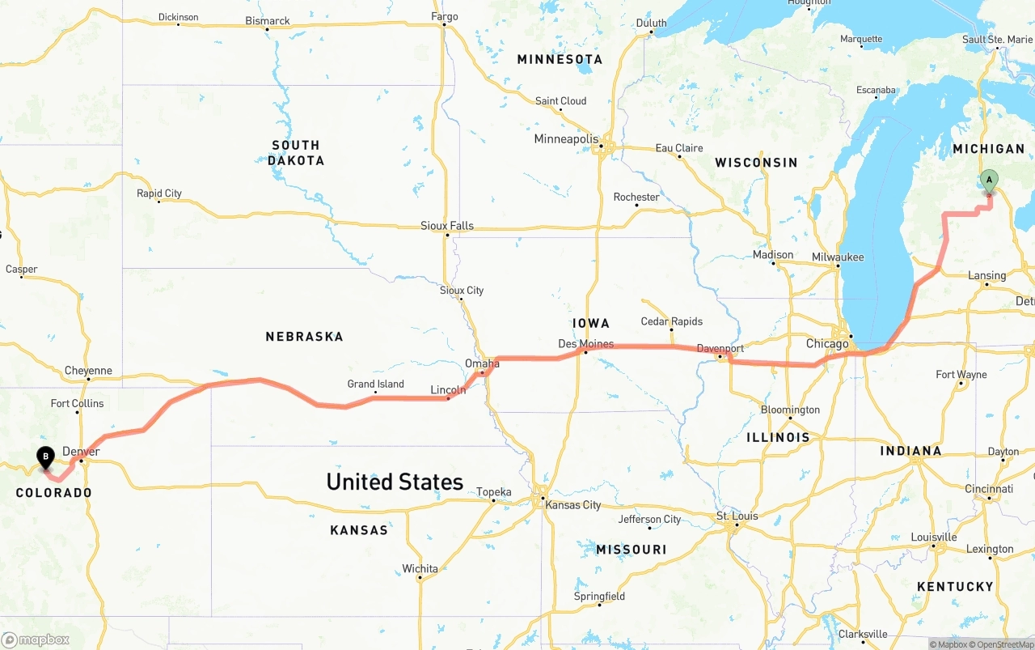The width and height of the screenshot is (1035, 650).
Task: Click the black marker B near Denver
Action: [x=46, y=457]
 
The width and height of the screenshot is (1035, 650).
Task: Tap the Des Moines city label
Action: [x=585, y=344]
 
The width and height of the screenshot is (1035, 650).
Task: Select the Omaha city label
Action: [x=482, y=364]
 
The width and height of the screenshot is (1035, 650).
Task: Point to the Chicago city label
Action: [x=827, y=344]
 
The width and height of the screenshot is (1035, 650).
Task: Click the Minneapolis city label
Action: [x=566, y=139]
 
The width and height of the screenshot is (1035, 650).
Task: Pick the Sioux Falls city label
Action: [x=447, y=226]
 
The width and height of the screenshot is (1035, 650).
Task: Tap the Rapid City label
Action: [x=159, y=193]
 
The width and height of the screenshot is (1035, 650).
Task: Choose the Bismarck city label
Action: [x=268, y=21]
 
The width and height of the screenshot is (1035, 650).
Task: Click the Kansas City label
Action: [x=573, y=505]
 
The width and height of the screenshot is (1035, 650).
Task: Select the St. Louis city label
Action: [x=737, y=516]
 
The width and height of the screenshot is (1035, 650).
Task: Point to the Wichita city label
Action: [x=420, y=569]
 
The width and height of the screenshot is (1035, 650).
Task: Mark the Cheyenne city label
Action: [x=88, y=371]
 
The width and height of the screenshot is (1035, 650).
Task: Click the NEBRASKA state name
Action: [x=304, y=336]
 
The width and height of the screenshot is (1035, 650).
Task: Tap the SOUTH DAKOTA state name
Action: [x=296, y=153]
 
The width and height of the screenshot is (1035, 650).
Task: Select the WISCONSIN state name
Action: [x=756, y=163]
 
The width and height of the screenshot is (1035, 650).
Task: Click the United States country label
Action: [x=395, y=482]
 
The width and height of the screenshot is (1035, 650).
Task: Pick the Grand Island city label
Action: [x=376, y=384]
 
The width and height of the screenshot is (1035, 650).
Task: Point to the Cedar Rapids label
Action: [x=671, y=321]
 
